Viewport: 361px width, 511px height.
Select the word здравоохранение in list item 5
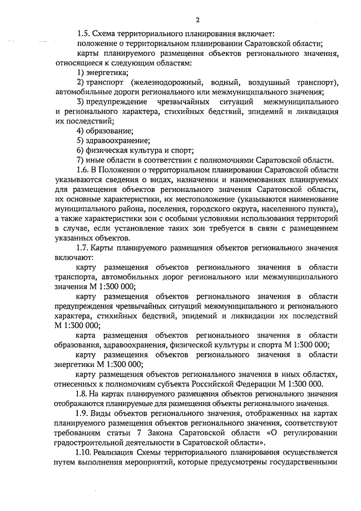pyautogui.click(x=118, y=140)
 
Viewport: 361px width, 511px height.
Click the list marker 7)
pyautogui.click(x=81, y=160)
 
